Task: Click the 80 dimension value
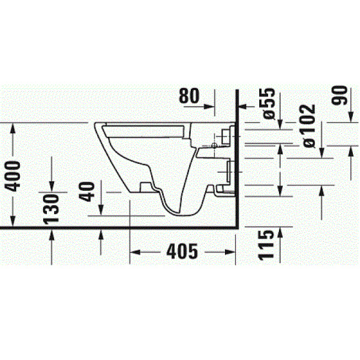[x=193, y=97]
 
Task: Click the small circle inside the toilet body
[x=214, y=146]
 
